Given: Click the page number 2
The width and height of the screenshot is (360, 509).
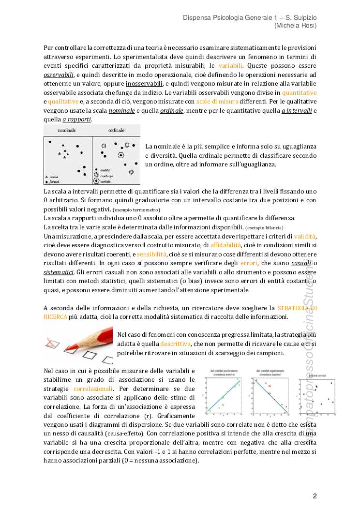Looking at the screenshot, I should (x=315, y=496).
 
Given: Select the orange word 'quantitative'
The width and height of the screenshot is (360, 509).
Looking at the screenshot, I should (x=300, y=92).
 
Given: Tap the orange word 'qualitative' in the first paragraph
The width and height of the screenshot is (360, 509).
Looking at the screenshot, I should (x=63, y=102).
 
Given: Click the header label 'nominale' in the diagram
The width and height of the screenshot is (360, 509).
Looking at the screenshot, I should (x=66, y=131).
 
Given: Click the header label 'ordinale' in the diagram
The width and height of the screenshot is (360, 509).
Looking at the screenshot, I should (x=116, y=131).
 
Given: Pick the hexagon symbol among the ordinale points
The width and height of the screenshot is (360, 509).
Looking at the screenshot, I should (x=121, y=155).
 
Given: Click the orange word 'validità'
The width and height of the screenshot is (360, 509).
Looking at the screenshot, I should (x=305, y=236).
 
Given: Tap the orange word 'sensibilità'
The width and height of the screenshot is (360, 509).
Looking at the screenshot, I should (x=151, y=254).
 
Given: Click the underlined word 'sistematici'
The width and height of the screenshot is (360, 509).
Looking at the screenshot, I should (x=58, y=273).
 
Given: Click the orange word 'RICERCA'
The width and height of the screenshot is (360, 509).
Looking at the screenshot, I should (x=55, y=316).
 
